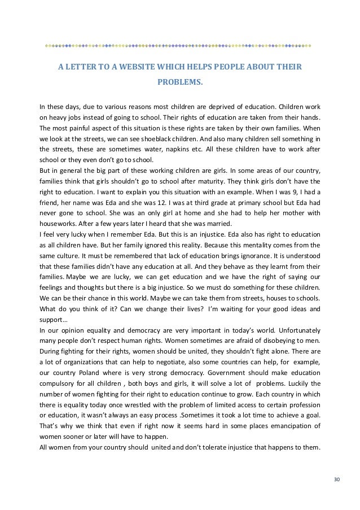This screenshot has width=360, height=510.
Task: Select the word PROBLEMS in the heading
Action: coord(179,82)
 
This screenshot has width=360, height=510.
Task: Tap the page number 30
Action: coord(337,479)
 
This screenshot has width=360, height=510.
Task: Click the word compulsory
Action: coord(59,383)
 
